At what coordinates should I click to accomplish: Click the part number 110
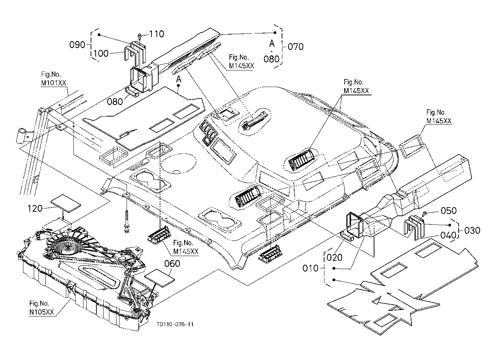point(157,34)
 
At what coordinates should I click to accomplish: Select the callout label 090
point(77,45)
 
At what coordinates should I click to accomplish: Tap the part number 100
point(101,53)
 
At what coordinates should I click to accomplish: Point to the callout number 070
point(296,47)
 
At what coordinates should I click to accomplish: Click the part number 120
point(35,209)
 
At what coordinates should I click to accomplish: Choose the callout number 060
point(172,264)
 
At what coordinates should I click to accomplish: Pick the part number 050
point(449,211)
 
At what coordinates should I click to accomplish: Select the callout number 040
point(449,235)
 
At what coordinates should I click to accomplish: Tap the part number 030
point(472,231)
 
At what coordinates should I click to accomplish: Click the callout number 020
point(335,258)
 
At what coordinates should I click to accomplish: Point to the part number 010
point(310,268)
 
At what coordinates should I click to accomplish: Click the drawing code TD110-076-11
point(175,325)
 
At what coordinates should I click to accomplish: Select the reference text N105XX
point(41,312)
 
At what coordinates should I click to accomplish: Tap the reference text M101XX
point(54,83)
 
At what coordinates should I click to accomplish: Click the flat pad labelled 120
point(66,204)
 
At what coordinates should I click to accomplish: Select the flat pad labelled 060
point(159,278)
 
